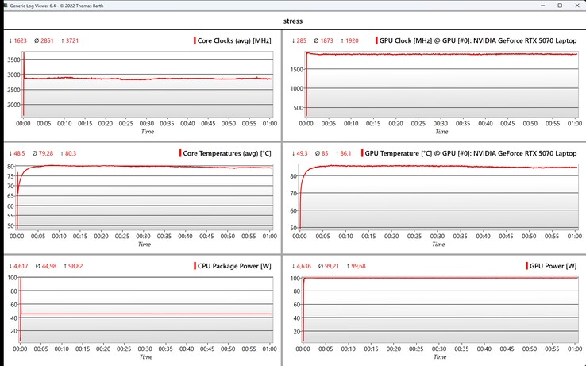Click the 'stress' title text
[293, 21]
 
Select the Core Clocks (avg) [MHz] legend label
[234, 40]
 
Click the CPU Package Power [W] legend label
[233, 265]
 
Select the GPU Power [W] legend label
[553, 265]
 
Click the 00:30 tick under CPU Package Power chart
[147, 349]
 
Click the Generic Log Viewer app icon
[6, 6]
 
